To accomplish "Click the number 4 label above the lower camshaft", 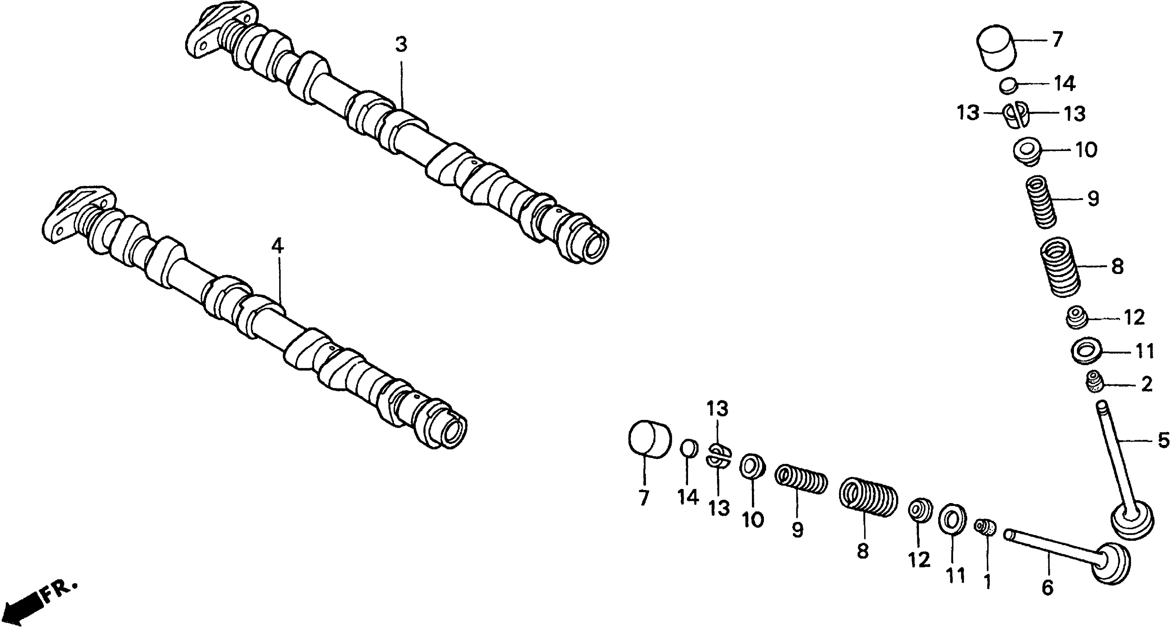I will click(x=277, y=247).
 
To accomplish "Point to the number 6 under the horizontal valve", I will click(x=1047, y=588).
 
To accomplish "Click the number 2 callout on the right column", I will click(x=1146, y=385).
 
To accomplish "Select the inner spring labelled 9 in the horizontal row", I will click(x=801, y=479).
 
